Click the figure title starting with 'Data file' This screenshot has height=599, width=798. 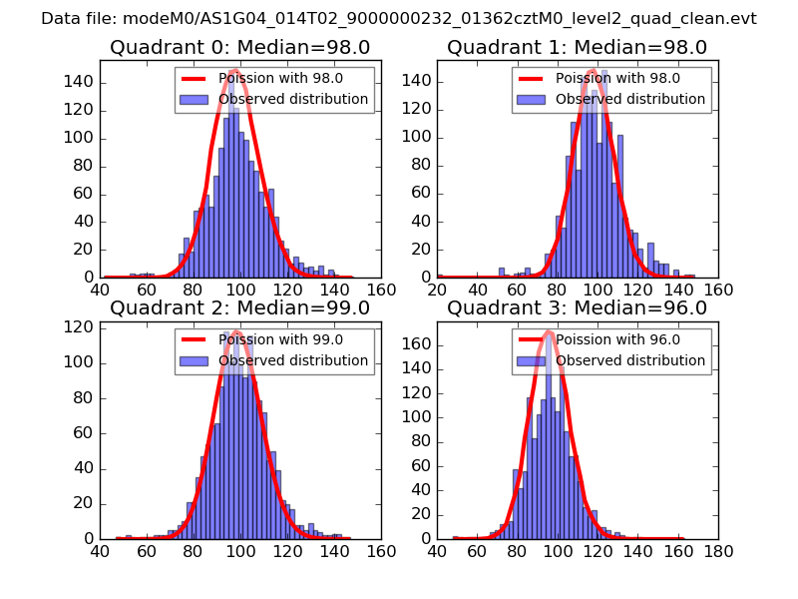point(399,19)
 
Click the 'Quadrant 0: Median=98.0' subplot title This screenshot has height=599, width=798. point(239,47)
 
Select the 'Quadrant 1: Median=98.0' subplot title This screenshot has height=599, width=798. point(577,47)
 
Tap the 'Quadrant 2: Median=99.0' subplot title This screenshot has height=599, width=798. point(239,307)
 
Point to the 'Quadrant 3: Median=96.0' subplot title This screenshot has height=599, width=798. point(577,307)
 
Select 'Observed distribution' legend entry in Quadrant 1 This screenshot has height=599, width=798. point(630,99)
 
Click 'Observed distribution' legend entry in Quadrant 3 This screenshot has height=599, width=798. point(630,360)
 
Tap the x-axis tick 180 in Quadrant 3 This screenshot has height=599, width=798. point(718,550)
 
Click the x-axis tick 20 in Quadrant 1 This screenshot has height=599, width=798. point(437,290)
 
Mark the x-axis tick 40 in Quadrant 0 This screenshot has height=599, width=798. point(100,290)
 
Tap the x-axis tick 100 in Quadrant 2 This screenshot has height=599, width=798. point(240,550)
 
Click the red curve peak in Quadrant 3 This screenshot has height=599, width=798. point(549,330)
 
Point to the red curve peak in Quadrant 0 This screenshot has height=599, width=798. point(235,70)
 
